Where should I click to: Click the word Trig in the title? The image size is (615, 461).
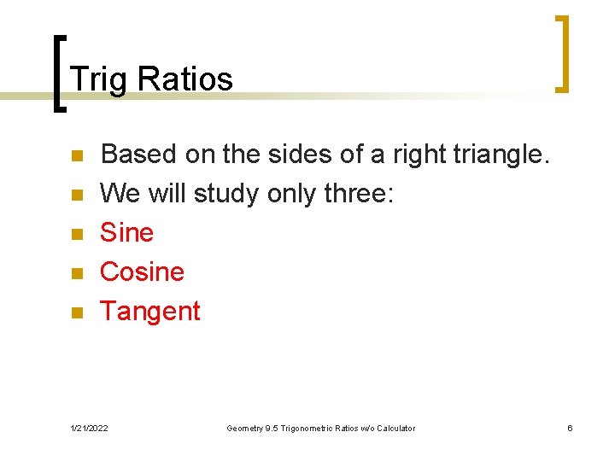point(99,79)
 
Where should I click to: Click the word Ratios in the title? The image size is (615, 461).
point(184,79)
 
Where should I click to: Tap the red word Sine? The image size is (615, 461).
point(126,232)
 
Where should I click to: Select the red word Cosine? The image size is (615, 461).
point(142,271)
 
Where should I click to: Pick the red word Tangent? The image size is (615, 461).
point(149,312)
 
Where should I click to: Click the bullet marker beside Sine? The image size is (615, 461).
point(75,234)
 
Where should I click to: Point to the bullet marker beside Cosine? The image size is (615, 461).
point(75,273)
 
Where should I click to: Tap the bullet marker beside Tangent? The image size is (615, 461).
point(75,312)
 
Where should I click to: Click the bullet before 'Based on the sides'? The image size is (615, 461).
point(75,156)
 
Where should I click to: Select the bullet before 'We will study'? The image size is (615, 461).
point(75,195)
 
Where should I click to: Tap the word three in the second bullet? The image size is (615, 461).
point(354,194)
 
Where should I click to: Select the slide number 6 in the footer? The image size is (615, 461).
point(570,428)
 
